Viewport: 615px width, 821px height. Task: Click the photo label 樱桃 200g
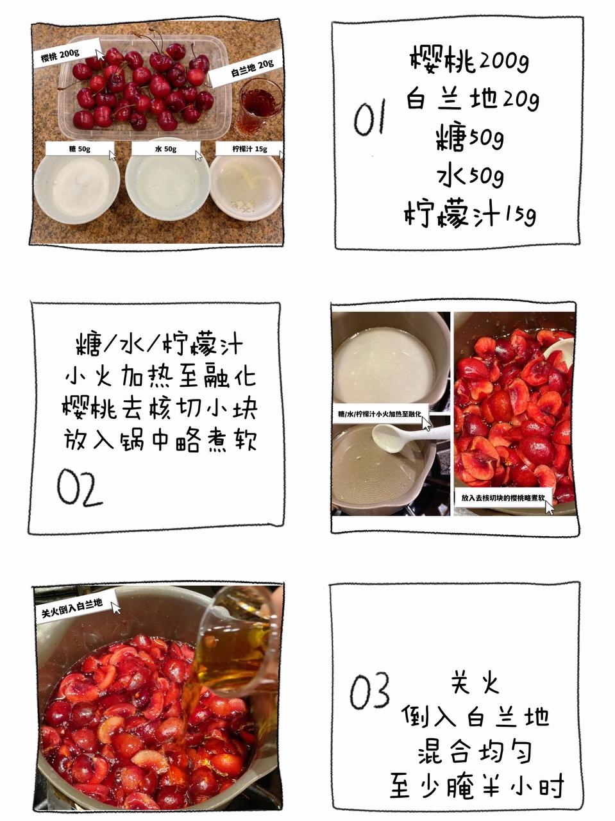point(60,55)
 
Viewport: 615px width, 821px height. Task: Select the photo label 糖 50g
point(80,149)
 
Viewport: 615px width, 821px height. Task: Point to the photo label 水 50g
point(165,149)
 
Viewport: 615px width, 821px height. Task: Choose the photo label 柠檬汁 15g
point(249,149)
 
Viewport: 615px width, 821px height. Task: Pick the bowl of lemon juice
point(246,187)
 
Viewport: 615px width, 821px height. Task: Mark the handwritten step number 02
point(80,487)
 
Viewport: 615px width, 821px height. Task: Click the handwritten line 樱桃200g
point(469,59)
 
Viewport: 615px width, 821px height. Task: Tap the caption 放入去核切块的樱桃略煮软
point(503,498)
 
